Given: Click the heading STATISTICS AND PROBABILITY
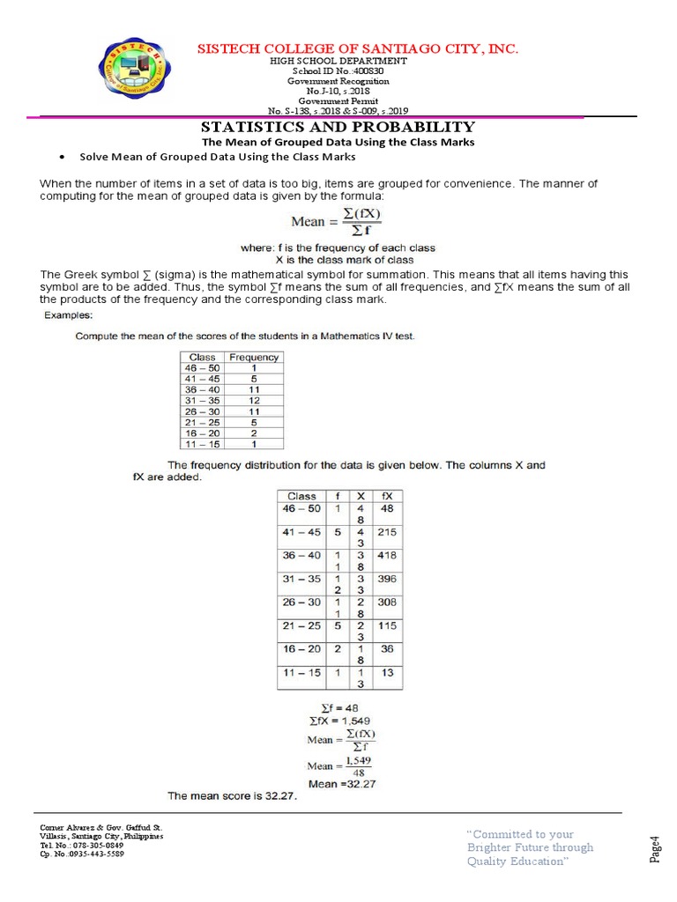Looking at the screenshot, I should coord(338,127).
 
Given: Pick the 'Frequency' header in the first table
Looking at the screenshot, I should coord(254,357).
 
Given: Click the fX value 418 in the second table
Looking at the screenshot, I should coord(386,556).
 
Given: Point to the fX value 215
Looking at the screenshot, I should coord(386,532).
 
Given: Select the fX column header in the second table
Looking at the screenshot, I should coord(386,496).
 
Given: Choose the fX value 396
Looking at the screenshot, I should coord(386,579).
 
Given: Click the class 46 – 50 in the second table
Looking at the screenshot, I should coord(301,509).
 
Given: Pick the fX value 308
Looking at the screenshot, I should coord(386,603).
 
